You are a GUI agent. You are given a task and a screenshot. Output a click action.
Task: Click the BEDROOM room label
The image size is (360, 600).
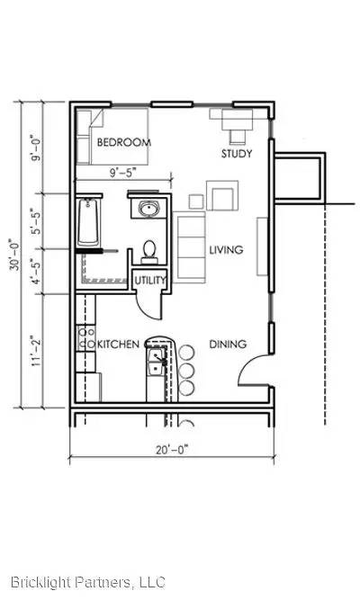(x=123, y=142)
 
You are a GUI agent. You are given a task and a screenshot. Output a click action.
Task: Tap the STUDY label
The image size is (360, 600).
(x=237, y=154)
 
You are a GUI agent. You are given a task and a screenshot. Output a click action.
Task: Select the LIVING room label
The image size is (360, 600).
(x=226, y=250)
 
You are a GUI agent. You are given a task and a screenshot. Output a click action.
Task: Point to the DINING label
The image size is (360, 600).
(x=228, y=344)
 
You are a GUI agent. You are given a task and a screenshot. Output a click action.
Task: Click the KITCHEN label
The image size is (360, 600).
(x=118, y=344)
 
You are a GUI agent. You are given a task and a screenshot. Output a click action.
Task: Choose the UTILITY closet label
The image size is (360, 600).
(x=150, y=281)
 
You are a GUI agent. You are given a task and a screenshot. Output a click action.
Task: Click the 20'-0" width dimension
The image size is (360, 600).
(x=172, y=450)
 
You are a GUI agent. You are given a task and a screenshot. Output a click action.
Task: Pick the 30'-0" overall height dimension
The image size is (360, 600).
(x=15, y=255)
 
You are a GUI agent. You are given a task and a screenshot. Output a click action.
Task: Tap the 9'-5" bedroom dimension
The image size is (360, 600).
(x=123, y=173)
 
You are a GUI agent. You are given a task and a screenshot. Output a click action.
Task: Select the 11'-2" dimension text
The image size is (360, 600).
(x=36, y=352)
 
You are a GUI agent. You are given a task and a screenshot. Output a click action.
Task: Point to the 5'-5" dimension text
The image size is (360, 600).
(x=36, y=221)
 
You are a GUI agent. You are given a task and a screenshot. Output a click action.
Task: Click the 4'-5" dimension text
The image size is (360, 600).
(x=36, y=272)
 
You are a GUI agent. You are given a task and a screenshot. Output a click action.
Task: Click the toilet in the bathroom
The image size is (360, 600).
(x=149, y=253)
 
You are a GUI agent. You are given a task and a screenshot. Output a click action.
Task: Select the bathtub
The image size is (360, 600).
(x=88, y=222)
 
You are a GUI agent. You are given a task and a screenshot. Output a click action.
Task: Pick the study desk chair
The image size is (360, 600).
(x=237, y=136)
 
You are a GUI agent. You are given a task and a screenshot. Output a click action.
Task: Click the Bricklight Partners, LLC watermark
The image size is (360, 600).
(x=88, y=582)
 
